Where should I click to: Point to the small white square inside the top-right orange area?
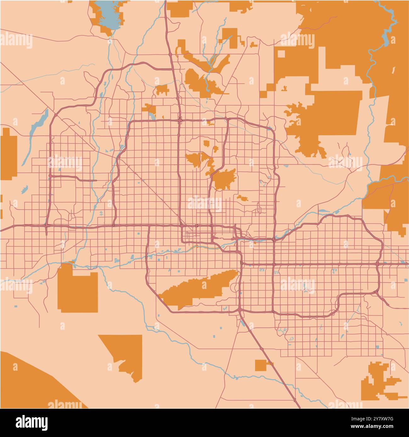281,54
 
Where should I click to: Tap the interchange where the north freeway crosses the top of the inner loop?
179,119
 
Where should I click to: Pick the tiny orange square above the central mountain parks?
207,143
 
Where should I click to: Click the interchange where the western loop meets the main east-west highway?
46,225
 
